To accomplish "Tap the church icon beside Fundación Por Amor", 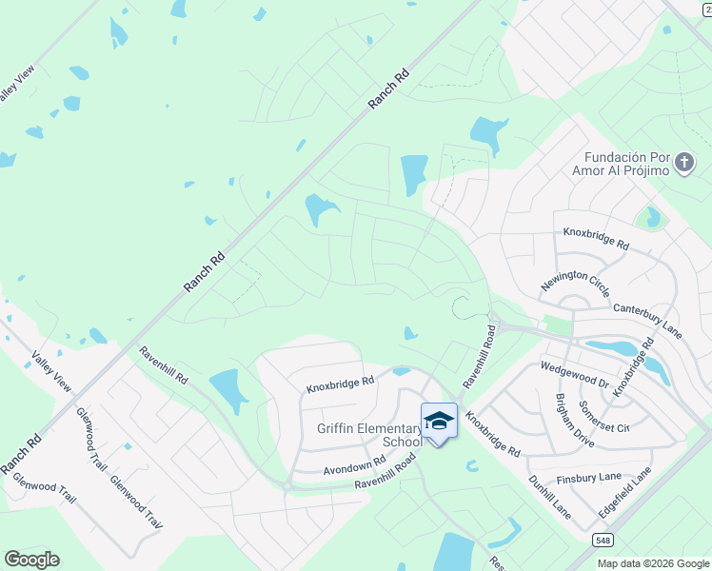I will point(683,163).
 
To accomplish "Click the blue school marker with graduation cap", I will point(439,421).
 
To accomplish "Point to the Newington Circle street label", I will point(575,285).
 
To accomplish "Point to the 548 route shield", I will point(603,541).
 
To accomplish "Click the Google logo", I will point(31,560).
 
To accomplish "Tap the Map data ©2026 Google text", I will point(653,563).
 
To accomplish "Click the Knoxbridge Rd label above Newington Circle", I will point(596,239).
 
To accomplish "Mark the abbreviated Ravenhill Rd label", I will point(163,365).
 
